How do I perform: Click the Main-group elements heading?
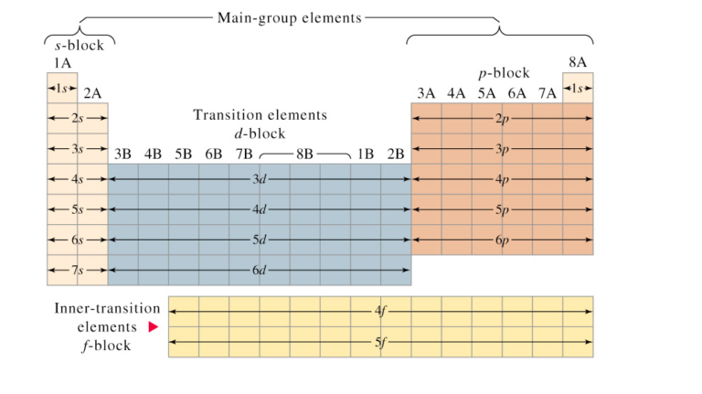click(x=289, y=17)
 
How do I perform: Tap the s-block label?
click(x=80, y=44)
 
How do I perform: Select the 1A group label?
click(x=61, y=62)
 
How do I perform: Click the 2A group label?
click(x=92, y=92)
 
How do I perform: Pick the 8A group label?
click(x=578, y=62)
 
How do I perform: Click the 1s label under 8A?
click(x=578, y=88)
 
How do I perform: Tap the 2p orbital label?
click(x=502, y=119)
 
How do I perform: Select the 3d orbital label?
click(x=260, y=179)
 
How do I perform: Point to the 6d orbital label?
click(x=260, y=270)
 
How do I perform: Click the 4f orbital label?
click(x=380, y=312)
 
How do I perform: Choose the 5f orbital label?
click(x=380, y=342)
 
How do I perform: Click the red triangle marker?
click(x=154, y=327)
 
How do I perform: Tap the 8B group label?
click(x=304, y=153)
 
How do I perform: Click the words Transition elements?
click(x=260, y=115)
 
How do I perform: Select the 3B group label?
click(x=122, y=153)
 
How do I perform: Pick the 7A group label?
click(x=547, y=92)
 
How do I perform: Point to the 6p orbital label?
click(x=502, y=240)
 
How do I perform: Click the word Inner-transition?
click(x=106, y=308)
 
